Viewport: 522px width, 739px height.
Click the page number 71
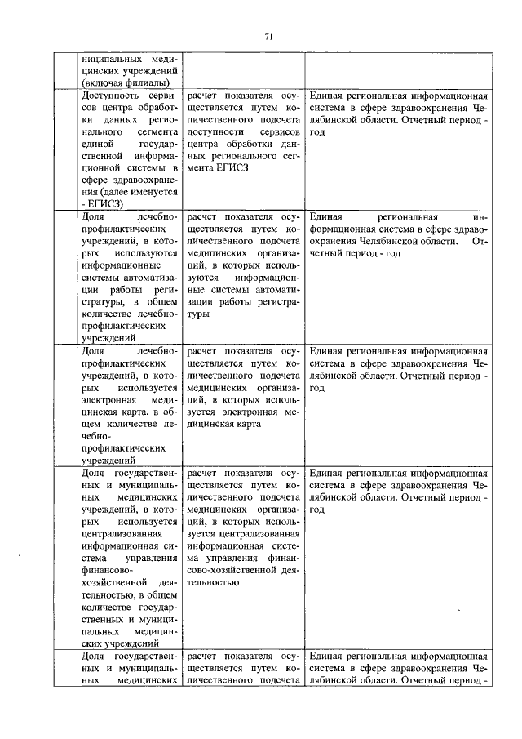[268, 36]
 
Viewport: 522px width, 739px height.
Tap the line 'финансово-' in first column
[106, 570]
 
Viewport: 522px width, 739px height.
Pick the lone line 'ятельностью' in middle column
[213, 582]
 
